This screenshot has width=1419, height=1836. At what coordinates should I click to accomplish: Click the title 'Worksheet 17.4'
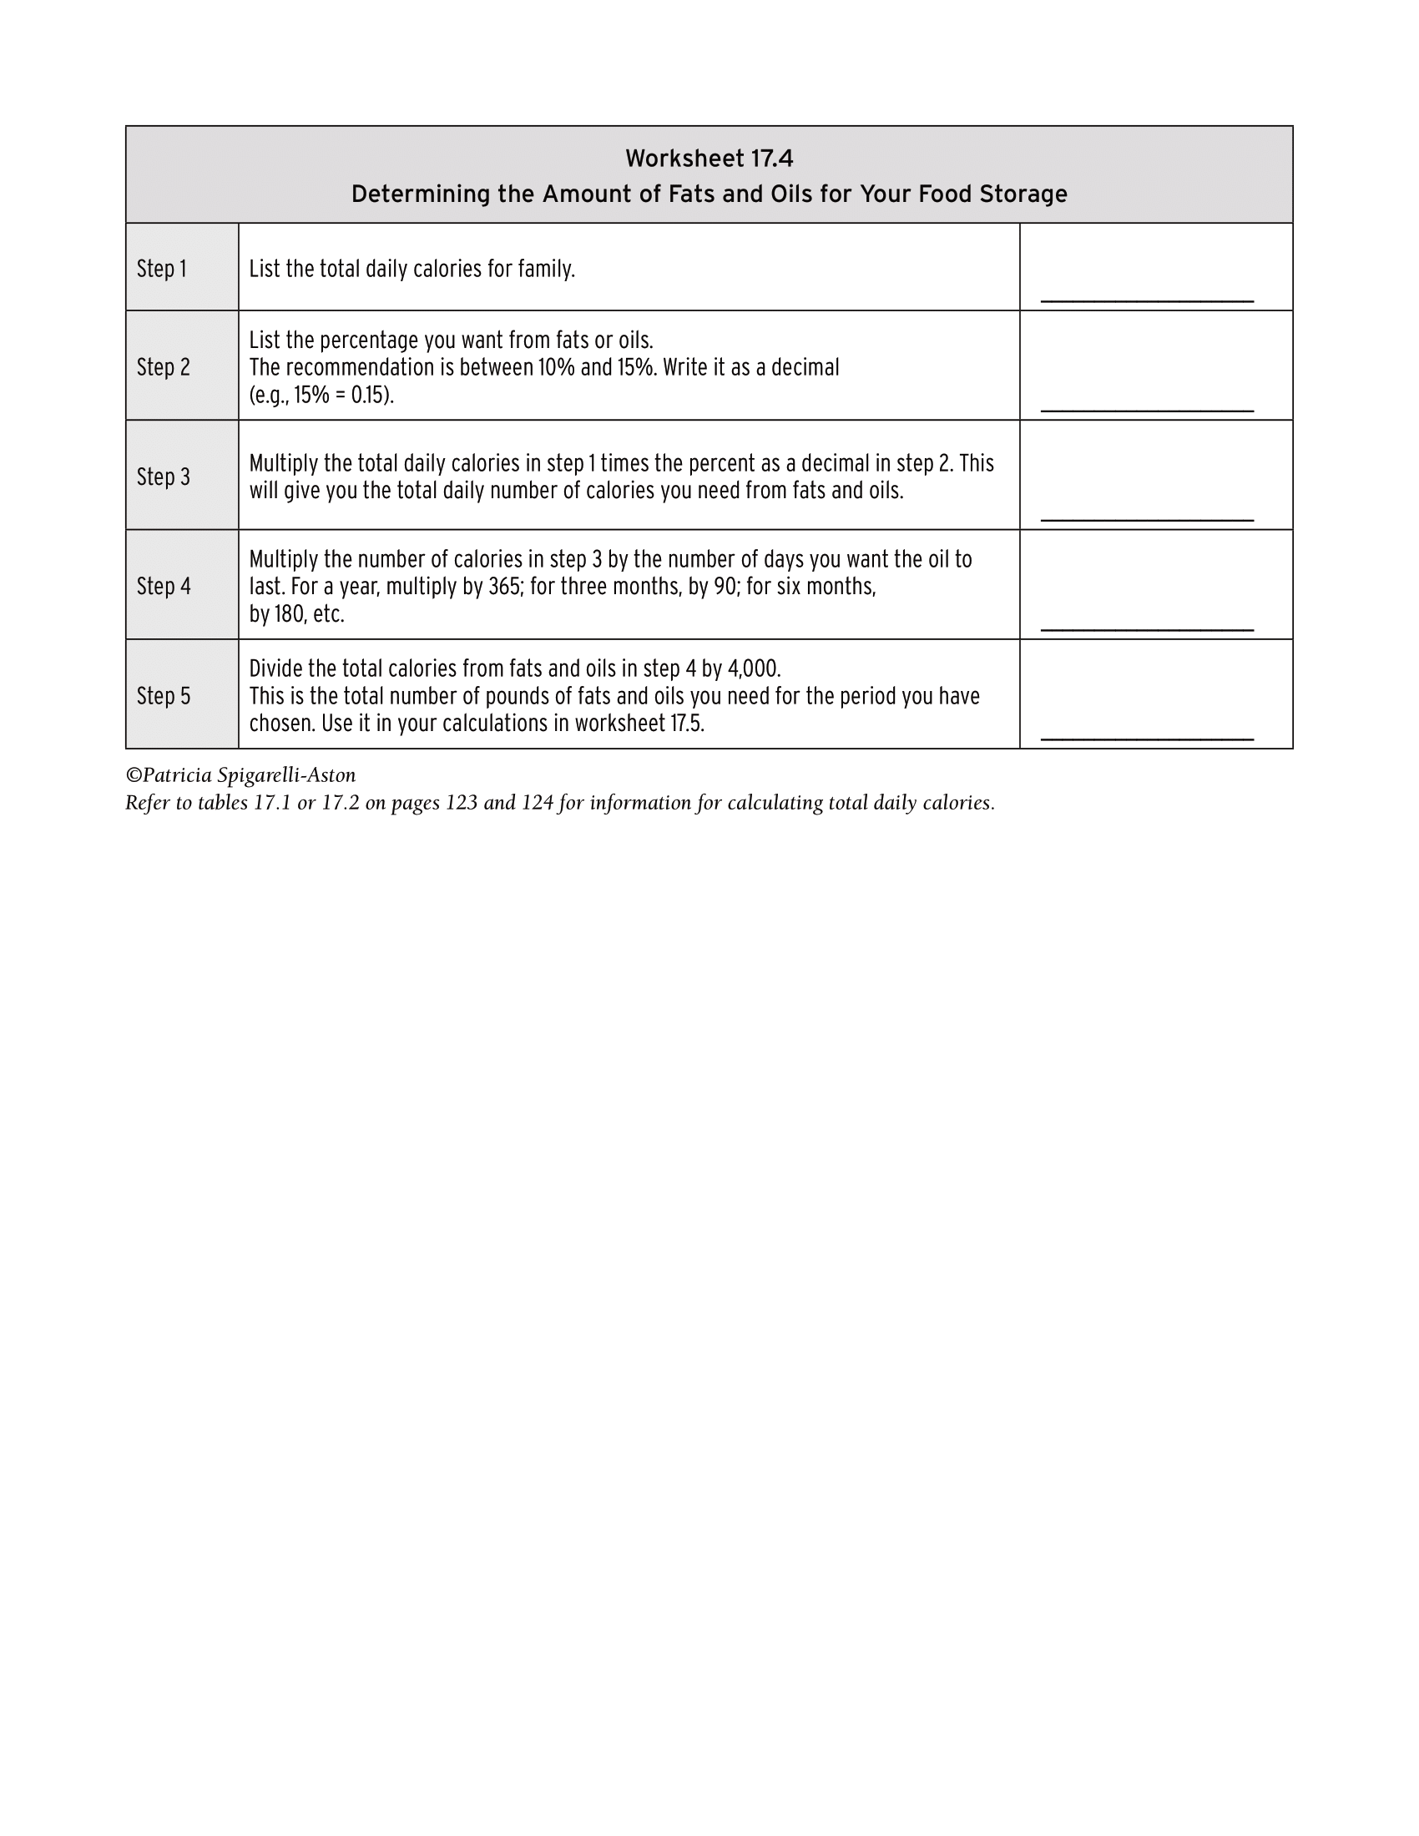[x=709, y=158]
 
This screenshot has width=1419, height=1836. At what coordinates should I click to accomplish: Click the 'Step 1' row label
[x=161, y=269]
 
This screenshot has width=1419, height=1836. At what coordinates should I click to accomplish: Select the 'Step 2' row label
[x=163, y=367]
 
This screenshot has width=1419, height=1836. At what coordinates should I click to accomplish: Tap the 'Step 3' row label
[x=163, y=477]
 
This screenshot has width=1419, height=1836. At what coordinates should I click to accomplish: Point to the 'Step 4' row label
[x=163, y=586]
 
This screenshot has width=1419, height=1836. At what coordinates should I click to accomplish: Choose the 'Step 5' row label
[x=163, y=696]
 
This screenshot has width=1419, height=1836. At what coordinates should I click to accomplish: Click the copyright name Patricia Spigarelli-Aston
[x=249, y=775]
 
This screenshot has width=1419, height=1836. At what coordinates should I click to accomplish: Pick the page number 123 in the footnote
[x=462, y=803]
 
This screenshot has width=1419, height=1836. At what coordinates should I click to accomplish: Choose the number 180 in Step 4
[x=289, y=614]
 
